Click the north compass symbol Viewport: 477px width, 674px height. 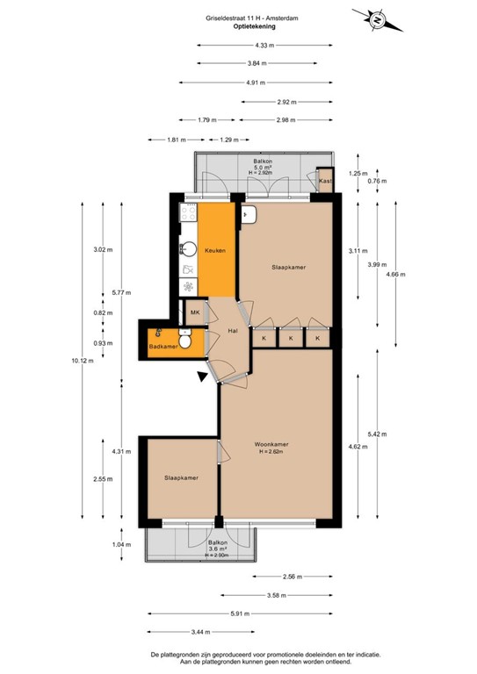[375, 18]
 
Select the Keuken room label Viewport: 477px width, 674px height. [215, 251]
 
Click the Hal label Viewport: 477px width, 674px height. [234, 331]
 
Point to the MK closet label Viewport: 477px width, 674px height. [194, 312]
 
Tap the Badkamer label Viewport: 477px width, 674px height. [163, 348]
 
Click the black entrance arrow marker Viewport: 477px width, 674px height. [205, 377]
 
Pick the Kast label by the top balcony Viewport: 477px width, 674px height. [324, 181]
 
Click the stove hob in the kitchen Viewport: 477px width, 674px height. [187, 285]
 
